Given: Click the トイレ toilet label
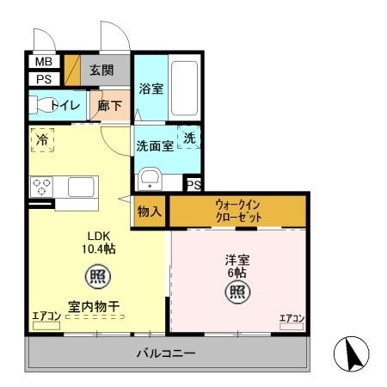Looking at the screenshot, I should tap(65, 105).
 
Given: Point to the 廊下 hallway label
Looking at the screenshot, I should tap(110, 105).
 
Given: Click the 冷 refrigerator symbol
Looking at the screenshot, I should tap(42, 138).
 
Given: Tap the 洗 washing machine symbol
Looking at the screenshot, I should tap(190, 138).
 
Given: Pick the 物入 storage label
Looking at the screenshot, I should tap(149, 211).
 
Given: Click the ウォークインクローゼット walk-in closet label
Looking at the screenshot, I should tap(238, 212).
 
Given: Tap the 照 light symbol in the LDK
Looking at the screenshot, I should tap(95, 278).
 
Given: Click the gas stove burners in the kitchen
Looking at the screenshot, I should tap(43, 186).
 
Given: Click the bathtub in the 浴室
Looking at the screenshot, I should tap(183, 88).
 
